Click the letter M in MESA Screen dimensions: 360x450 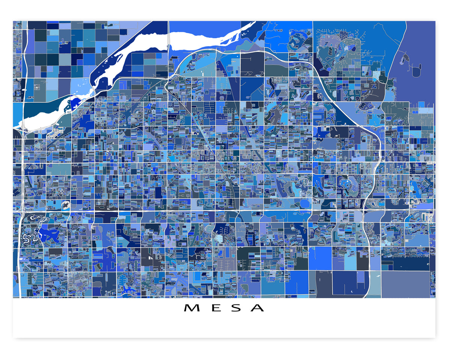point(191,308)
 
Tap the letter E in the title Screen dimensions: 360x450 point(213,308)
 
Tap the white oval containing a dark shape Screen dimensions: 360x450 point(65,205)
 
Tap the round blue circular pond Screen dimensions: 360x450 point(304,203)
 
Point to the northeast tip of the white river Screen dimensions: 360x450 point(254,23)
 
